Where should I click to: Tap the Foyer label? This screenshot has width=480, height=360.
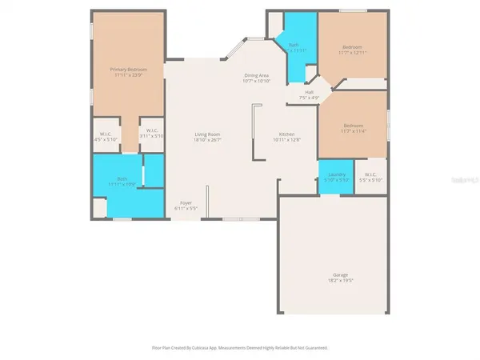[x=186, y=203]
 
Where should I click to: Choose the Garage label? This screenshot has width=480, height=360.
[x=340, y=275]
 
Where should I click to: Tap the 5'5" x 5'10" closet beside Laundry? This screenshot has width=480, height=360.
[x=370, y=177]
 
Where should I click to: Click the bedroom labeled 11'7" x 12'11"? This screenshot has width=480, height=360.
[x=352, y=50]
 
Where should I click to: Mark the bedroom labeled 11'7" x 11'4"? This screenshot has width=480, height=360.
[x=352, y=128]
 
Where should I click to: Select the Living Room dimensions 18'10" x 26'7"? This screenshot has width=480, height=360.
[x=208, y=140]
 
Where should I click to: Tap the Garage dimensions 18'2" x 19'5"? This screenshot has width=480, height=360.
[x=340, y=281]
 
